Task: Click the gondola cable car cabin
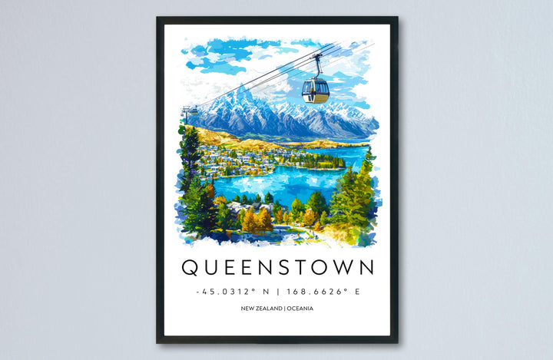(x=315, y=91)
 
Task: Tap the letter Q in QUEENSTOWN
(x=190, y=268)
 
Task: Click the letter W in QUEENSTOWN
(x=339, y=268)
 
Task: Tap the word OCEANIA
(x=299, y=309)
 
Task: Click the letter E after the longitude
(x=357, y=292)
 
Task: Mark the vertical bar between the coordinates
(x=277, y=292)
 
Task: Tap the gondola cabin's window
(x=315, y=88)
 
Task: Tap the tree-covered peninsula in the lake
(x=323, y=161)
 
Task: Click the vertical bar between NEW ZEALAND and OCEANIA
(x=281, y=309)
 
